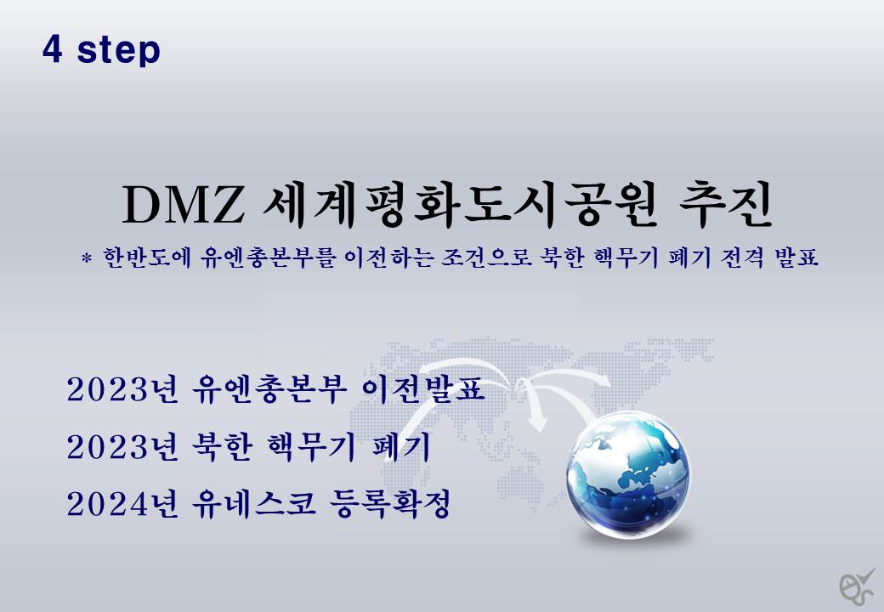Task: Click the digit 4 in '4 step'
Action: coord(52,49)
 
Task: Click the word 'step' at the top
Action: coord(118,51)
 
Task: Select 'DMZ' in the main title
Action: coord(184,204)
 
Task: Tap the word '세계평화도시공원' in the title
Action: coord(460,204)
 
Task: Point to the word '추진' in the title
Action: coord(726,203)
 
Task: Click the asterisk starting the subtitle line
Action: coord(86,258)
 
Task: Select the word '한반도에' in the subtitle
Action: coord(147,258)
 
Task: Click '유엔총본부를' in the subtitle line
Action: coord(268,258)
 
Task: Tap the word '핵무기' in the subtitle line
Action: coord(626,258)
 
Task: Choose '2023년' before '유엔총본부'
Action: coord(122,389)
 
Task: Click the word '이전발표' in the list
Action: coord(423,389)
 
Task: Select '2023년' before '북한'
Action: coord(122,447)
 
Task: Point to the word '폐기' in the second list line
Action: coord(401,447)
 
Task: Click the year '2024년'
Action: coord(122,504)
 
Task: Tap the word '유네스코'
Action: coord(253,504)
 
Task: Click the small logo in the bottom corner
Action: coord(856,587)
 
